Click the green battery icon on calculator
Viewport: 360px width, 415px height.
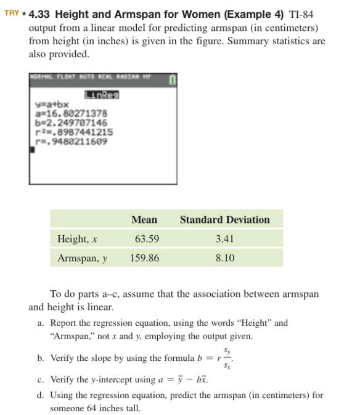(x=173, y=79)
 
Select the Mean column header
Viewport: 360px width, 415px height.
(x=144, y=220)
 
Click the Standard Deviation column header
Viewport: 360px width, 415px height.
(x=224, y=220)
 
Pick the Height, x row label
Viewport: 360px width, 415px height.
(x=78, y=239)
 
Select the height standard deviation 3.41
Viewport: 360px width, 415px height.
(x=224, y=239)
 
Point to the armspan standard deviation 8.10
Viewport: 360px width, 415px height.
(x=224, y=258)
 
